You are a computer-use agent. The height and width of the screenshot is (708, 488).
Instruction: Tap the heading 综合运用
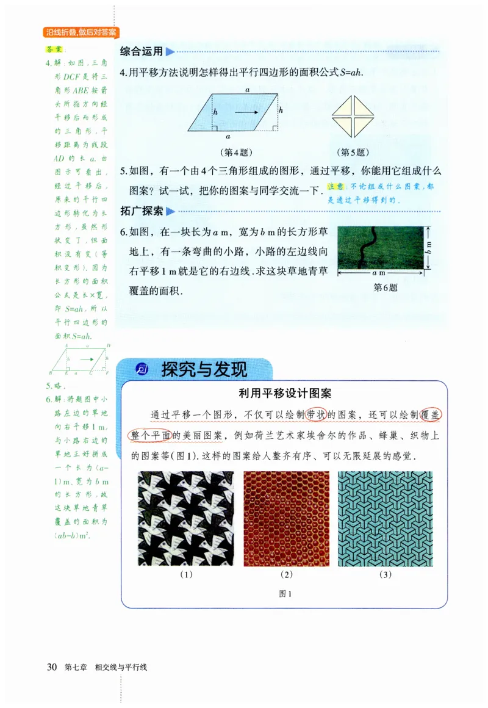click(x=142, y=51)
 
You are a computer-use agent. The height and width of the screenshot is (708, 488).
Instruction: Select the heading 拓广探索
click(x=142, y=211)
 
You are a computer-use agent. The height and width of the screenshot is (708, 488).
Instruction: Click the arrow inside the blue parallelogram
click(x=247, y=112)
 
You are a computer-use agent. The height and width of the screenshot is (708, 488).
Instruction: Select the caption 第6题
click(x=385, y=287)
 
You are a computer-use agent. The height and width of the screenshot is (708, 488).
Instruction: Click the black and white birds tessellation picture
click(x=185, y=518)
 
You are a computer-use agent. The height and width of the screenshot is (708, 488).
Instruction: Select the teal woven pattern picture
click(x=385, y=518)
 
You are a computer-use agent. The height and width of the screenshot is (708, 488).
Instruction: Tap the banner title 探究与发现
click(x=204, y=369)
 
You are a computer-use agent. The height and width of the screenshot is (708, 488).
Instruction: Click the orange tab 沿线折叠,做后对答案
click(x=81, y=32)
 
